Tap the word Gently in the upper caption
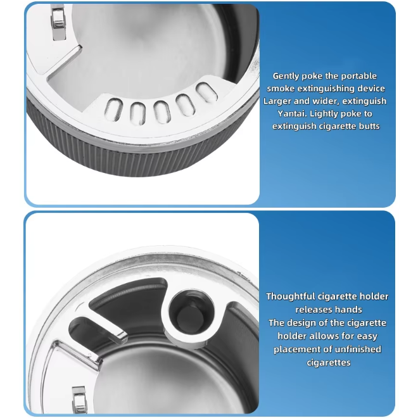click(x=286, y=76)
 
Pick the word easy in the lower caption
click(x=367, y=336)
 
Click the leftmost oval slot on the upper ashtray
click(x=114, y=110)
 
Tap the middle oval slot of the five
click(x=161, y=113)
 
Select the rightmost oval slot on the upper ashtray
click(x=206, y=92)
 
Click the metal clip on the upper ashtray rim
click(x=58, y=22)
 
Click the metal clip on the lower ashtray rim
click(x=80, y=400)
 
